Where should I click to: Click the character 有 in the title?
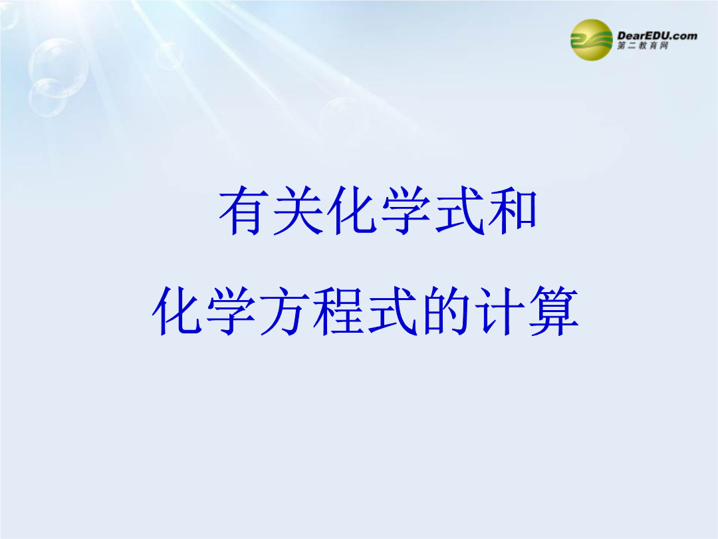(243, 210)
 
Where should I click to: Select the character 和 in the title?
(512, 210)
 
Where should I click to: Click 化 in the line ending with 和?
(351, 210)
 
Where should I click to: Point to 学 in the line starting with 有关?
(405, 210)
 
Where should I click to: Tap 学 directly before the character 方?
(229, 311)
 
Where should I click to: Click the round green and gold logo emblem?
(591, 40)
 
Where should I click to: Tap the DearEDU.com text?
(657, 36)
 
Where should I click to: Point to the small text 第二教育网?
(642, 45)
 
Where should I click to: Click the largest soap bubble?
(58, 68)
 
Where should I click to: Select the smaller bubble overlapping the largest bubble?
(48, 98)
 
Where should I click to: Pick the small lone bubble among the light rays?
(170, 55)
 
